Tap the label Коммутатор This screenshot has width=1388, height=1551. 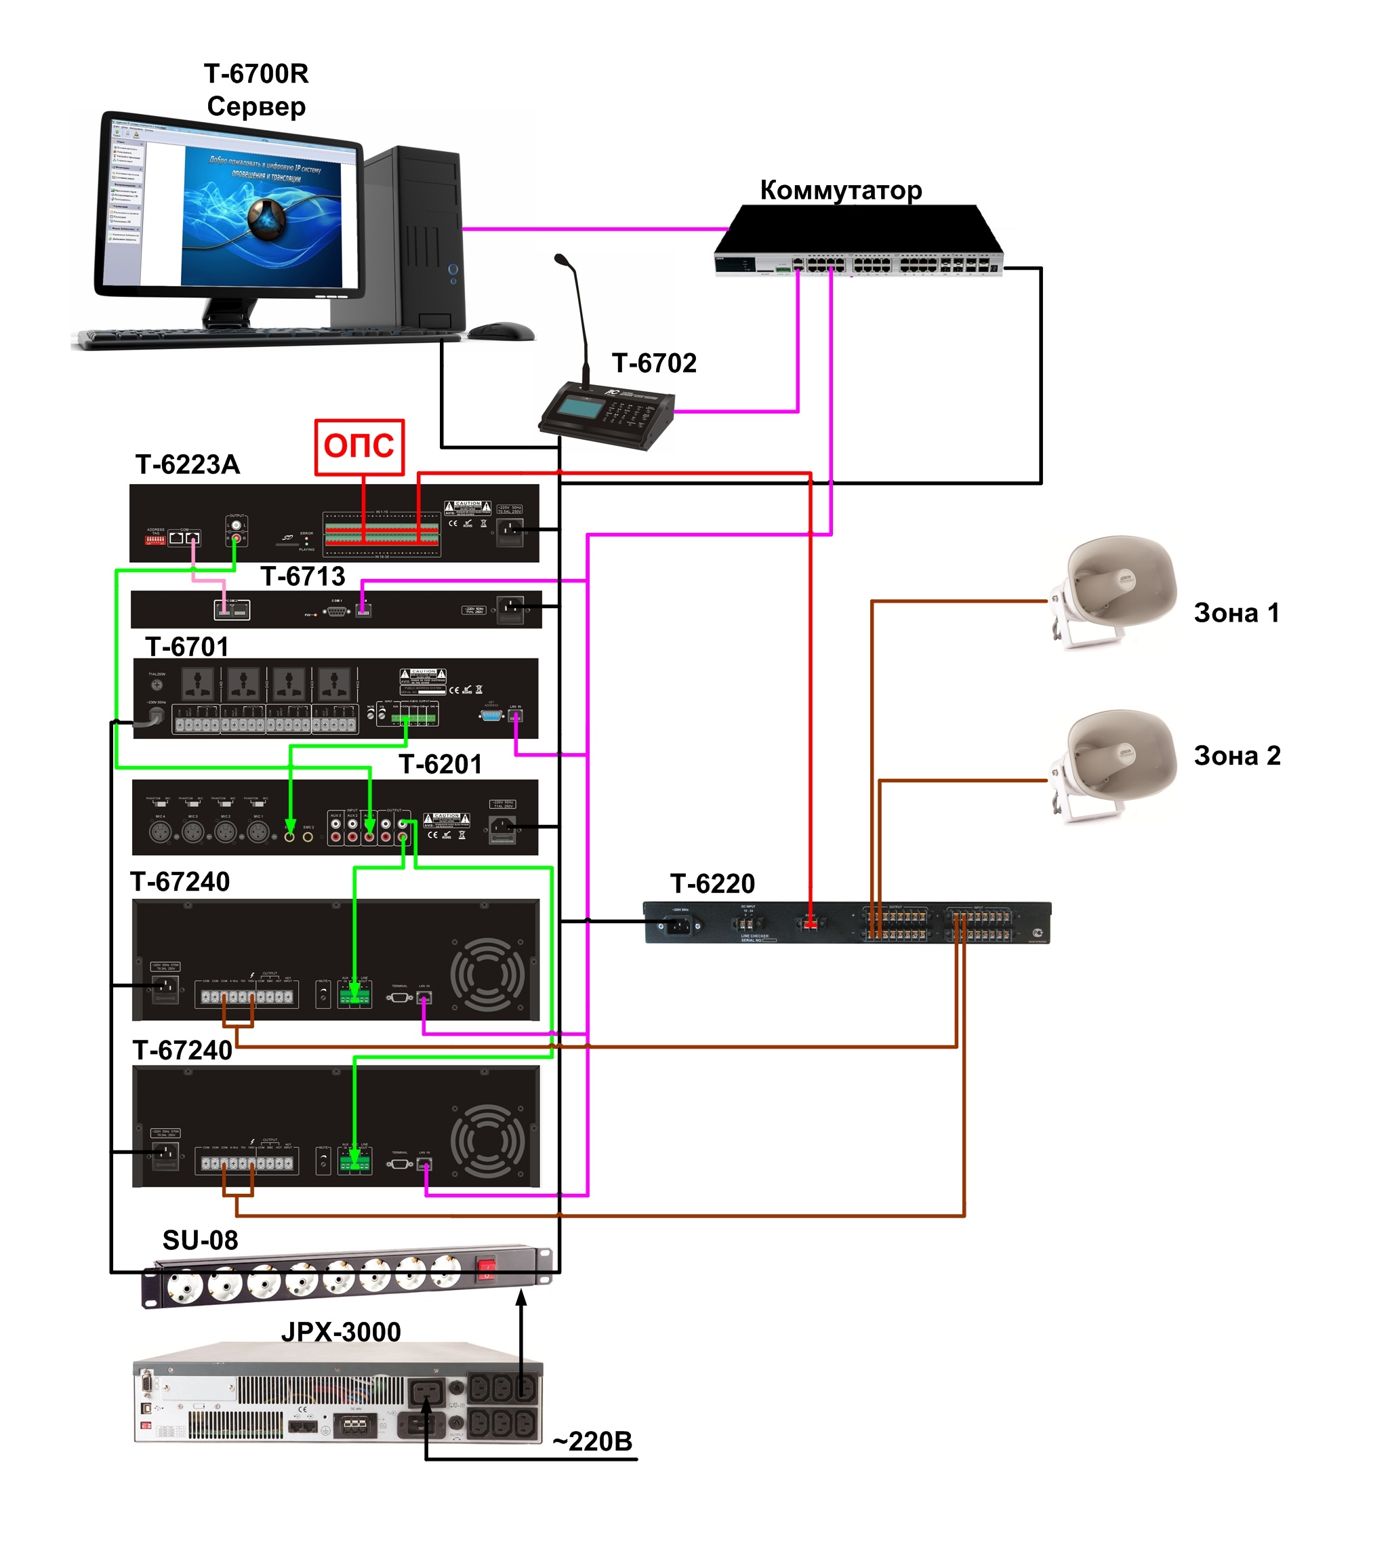840,190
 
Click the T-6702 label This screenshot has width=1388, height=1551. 653,363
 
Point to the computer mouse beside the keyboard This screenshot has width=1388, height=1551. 500,330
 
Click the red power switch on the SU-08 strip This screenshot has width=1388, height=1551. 486,1268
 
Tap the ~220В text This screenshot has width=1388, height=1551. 592,1441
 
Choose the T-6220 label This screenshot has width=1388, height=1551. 712,883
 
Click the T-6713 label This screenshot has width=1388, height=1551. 303,576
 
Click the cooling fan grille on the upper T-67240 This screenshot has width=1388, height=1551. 487,974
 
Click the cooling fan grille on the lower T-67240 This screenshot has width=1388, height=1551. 487,1141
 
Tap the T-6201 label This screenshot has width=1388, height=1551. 440,765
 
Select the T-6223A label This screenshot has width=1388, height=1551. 188,464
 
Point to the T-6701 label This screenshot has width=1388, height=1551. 187,647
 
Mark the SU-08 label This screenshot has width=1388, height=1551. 200,1240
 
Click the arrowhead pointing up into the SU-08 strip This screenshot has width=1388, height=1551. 522,1297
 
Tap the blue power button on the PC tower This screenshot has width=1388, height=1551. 452,269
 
